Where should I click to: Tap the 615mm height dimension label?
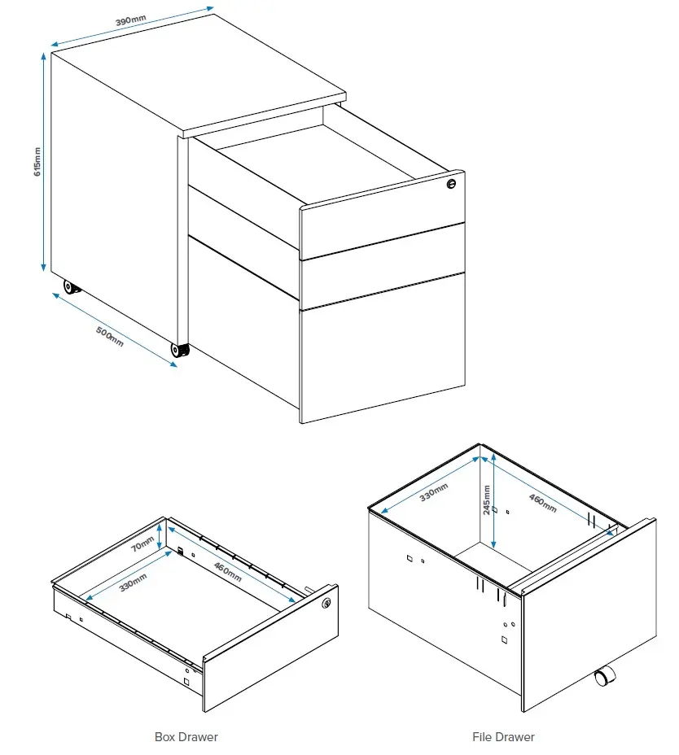tap(37, 164)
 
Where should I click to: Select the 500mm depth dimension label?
tap(111, 335)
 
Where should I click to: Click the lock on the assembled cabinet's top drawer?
tap(451, 185)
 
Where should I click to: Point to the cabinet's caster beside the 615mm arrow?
tap(71, 286)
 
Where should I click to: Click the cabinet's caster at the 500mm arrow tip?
tap(179, 350)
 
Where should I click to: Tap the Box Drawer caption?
tap(186, 737)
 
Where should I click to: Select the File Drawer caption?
tap(503, 737)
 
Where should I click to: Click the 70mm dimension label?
tap(144, 543)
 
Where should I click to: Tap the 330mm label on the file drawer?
tap(433, 492)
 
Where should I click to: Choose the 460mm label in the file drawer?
tap(542, 503)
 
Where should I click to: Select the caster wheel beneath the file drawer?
tap(604, 677)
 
